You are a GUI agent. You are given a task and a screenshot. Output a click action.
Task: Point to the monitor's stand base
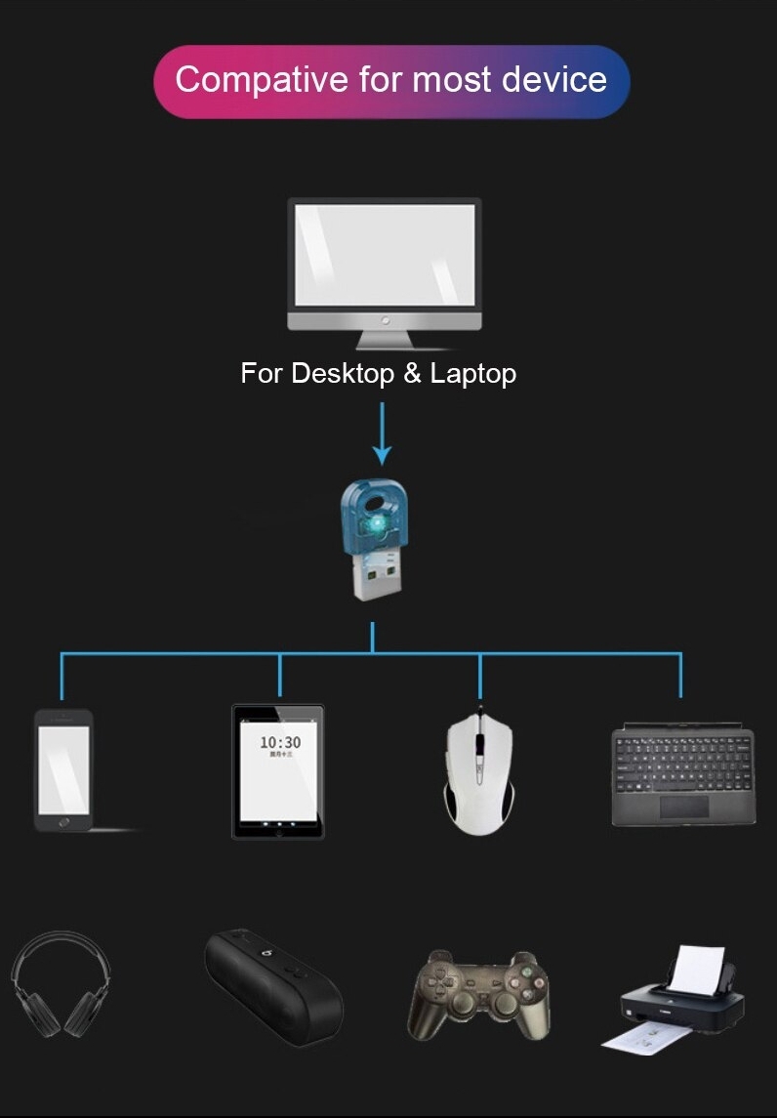[x=385, y=343]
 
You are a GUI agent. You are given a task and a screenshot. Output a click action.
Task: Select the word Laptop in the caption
[x=472, y=373]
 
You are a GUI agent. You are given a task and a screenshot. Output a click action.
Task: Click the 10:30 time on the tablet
[x=280, y=743]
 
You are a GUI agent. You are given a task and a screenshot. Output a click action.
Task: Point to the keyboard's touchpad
[x=684, y=806]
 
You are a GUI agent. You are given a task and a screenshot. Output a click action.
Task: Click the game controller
[x=478, y=991]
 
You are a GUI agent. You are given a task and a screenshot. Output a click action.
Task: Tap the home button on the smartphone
[x=63, y=822]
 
